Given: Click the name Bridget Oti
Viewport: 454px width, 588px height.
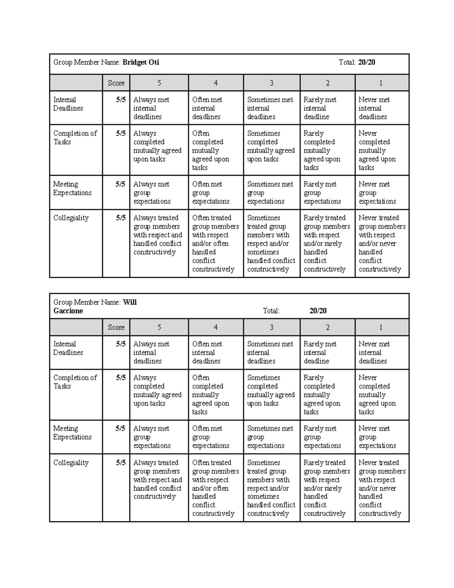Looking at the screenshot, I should (141, 62).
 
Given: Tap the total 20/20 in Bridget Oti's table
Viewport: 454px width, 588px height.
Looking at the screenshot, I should (366, 62).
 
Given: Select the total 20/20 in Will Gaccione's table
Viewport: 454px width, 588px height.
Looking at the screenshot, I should (318, 311).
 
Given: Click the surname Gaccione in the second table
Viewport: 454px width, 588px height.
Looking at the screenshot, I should (68, 311).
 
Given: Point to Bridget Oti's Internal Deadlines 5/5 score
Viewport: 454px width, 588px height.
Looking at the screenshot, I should (121, 100).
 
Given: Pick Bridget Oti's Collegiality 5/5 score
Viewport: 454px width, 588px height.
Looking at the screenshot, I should (121, 218).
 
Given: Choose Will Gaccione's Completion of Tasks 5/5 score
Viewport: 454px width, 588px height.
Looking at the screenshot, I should (121, 378).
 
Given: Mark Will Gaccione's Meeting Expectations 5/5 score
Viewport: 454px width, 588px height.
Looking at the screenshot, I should (121, 429).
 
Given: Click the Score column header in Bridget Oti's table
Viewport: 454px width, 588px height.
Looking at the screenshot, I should (116, 83).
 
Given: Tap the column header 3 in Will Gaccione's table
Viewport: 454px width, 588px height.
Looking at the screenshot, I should (271, 328).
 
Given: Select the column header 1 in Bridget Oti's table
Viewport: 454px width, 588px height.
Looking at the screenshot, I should (381, 83).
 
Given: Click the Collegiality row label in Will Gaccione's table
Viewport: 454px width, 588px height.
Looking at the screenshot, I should (71, 463).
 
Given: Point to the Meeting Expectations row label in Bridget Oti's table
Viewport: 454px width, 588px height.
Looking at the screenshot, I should (72, 189).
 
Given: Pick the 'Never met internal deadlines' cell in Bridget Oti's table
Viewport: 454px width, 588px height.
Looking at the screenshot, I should (374, 108).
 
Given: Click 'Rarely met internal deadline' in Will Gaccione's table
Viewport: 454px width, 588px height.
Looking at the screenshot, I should (320, 352).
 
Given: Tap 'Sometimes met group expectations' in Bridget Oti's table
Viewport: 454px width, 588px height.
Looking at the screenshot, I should (270, 193).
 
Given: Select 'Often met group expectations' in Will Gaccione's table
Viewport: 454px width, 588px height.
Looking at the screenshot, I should (210, 437).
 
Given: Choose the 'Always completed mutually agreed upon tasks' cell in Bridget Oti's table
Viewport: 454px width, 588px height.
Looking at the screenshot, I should (157, 147).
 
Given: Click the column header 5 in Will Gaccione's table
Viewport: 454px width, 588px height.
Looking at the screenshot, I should (159, 328).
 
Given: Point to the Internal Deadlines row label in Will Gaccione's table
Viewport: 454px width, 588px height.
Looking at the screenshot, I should (68, 348).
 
